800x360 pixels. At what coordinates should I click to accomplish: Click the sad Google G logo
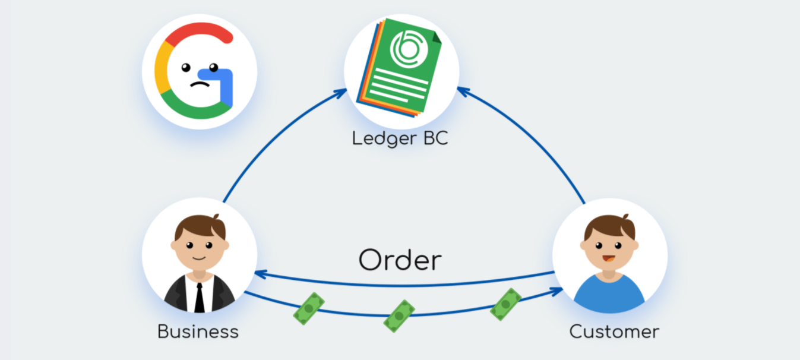pos(198,72)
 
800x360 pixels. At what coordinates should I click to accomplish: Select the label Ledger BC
pos(399,138)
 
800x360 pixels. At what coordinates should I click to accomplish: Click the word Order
pos(400,260)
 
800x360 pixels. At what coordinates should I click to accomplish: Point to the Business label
pos(198,331)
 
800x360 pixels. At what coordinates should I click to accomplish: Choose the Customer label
pos(614,331)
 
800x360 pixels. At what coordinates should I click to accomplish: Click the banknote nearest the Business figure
pos(309,309)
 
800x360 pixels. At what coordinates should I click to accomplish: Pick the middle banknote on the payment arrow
pos(399,315)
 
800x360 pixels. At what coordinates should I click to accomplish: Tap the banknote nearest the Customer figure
pos(505,304)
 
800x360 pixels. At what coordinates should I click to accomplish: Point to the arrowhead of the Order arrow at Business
pos(259,273)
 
